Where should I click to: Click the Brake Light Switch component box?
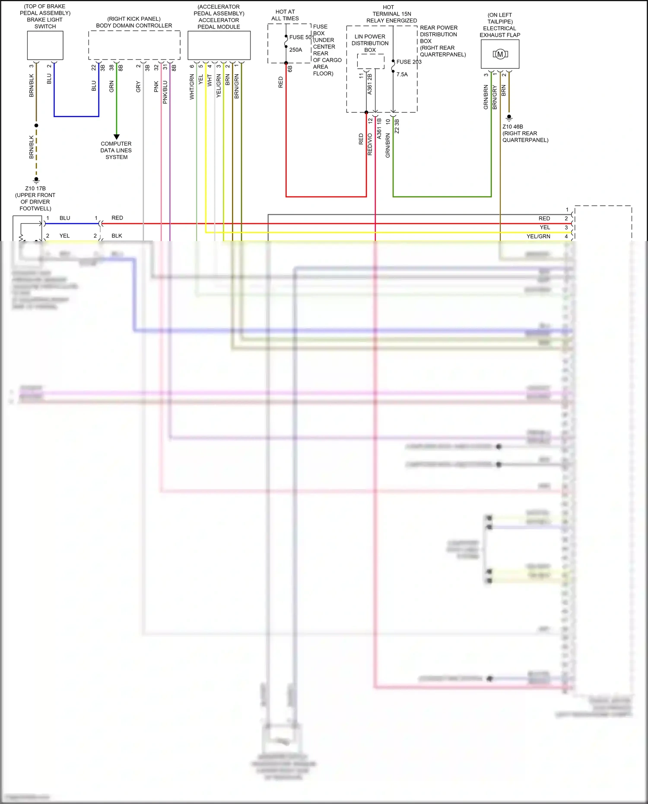coord(45,45)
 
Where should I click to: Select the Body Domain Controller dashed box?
coord(134,45)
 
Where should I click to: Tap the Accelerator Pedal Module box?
coord(219,45)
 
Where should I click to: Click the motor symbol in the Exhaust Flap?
coord(500,54)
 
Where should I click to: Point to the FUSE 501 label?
coord(301,37)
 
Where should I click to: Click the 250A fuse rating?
coord(295,50)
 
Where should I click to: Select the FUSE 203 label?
coord(409,62)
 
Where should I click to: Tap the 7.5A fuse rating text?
coord(402,74)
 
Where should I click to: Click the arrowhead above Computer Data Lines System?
coord(116,137)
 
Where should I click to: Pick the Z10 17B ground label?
coord(35,188)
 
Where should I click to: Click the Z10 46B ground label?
coord(512,127)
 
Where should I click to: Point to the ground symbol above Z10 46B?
coord(509,118)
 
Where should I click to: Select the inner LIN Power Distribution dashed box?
coord(370,61)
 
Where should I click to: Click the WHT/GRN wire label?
coord(192,86)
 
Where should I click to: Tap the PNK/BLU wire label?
coord(165,92)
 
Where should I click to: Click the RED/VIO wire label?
coord(370,144)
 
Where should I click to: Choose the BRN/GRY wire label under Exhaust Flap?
coord(495,97)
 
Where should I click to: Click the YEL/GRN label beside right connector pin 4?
coord(538,236)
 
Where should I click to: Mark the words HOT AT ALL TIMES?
coord(285,15)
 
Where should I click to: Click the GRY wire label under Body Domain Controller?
coord(138,86)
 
